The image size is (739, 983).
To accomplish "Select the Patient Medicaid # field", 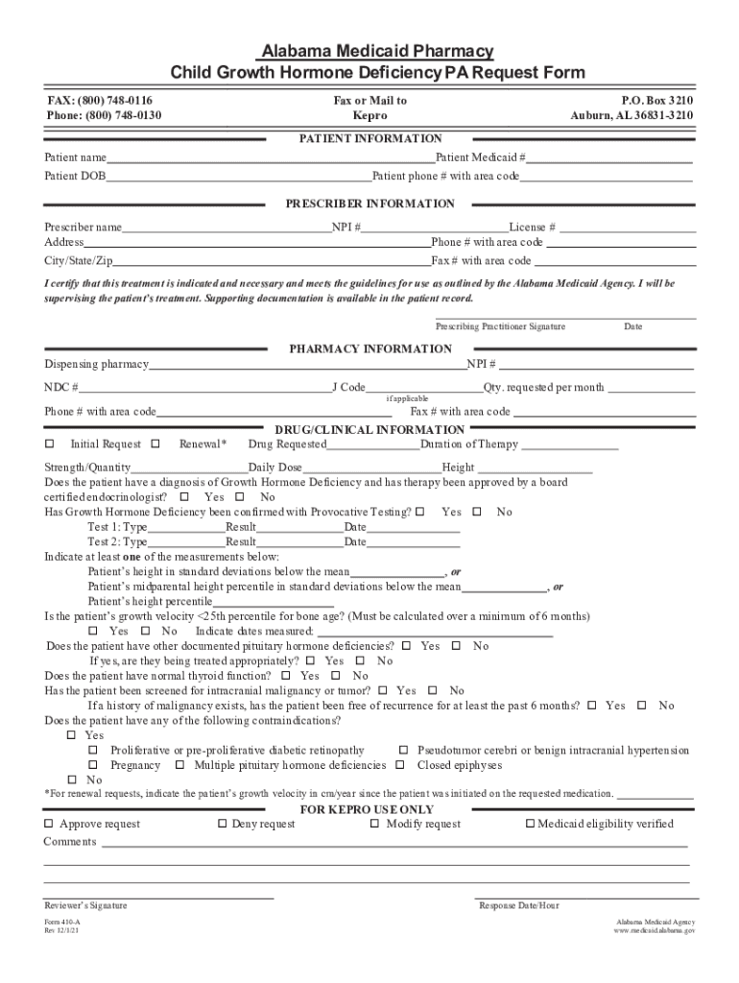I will (x=609, y=158).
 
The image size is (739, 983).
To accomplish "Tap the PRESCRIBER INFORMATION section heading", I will (x=370, y=204).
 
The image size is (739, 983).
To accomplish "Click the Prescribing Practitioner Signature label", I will (x=500, y=326).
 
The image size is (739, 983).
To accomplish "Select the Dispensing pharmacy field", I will (x=307, y=365).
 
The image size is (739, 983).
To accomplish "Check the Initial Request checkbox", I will (x=51, y=444).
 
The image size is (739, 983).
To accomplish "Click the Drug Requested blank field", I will (x=373, y=445).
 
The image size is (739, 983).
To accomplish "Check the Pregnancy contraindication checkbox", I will (x=94, y=765).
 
